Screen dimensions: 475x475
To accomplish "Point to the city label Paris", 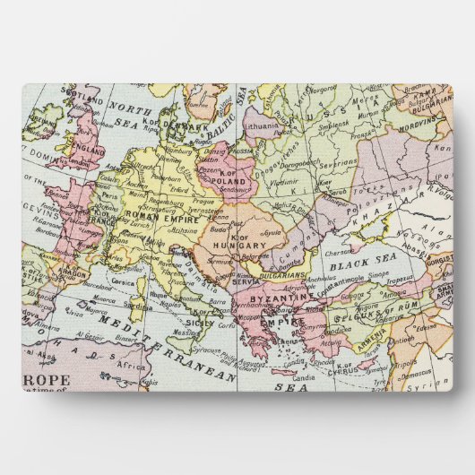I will [x=111, y=194].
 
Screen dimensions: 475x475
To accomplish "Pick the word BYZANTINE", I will [x=288, y=297].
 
